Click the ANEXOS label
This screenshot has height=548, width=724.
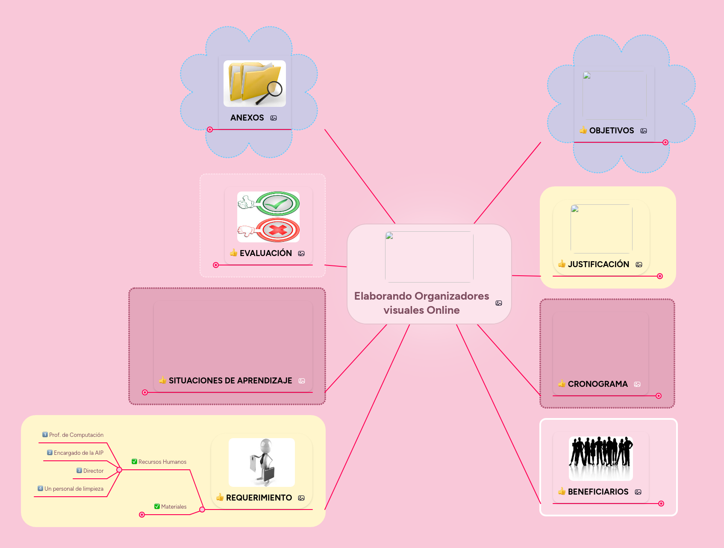click(247, 118)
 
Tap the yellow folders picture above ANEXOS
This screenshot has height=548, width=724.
click(255, 83)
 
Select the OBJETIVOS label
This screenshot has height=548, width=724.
click(611, 130)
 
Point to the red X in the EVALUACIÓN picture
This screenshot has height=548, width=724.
click(278, 230)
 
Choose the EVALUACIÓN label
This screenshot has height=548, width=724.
click(265, 253)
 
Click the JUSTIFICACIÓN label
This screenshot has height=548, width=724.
click(598, 264)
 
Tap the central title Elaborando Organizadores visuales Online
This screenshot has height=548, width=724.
click(421, 303)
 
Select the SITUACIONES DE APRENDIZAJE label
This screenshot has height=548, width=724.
click(230, 380)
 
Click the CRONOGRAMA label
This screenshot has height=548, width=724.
click(597, 384)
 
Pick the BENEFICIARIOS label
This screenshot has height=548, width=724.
click(598, 492)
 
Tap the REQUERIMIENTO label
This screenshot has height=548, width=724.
click(259, 498)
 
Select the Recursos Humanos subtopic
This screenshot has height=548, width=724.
click(162, 462)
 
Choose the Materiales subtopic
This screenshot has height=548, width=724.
click(174, 507)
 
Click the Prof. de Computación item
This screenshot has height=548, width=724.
click(76, 435)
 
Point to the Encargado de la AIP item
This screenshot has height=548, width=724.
click(78, 453)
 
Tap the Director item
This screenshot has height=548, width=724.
click(93, 471)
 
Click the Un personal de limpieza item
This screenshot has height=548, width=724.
click(74, 489)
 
